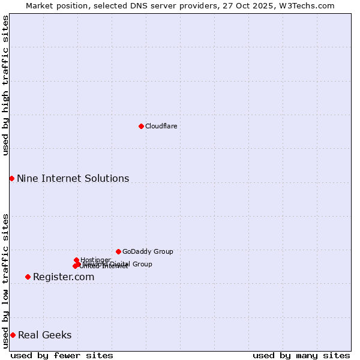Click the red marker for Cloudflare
[141, 126]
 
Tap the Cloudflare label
[161, 126]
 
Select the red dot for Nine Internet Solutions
[11, 178]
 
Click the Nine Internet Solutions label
[73, 178]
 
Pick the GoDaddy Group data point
[118, 251]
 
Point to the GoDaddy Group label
[148, 251]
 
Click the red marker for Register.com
[28, 277]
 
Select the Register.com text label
[64, 277]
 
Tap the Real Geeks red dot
[13, 335]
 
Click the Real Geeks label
[44, 335]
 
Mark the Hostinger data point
[76, 260]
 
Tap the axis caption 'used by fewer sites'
[62, 355]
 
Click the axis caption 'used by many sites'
[301, 355]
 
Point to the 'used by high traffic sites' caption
[5, 85]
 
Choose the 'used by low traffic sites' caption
[5, 281]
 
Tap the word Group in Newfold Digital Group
[142, 264]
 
